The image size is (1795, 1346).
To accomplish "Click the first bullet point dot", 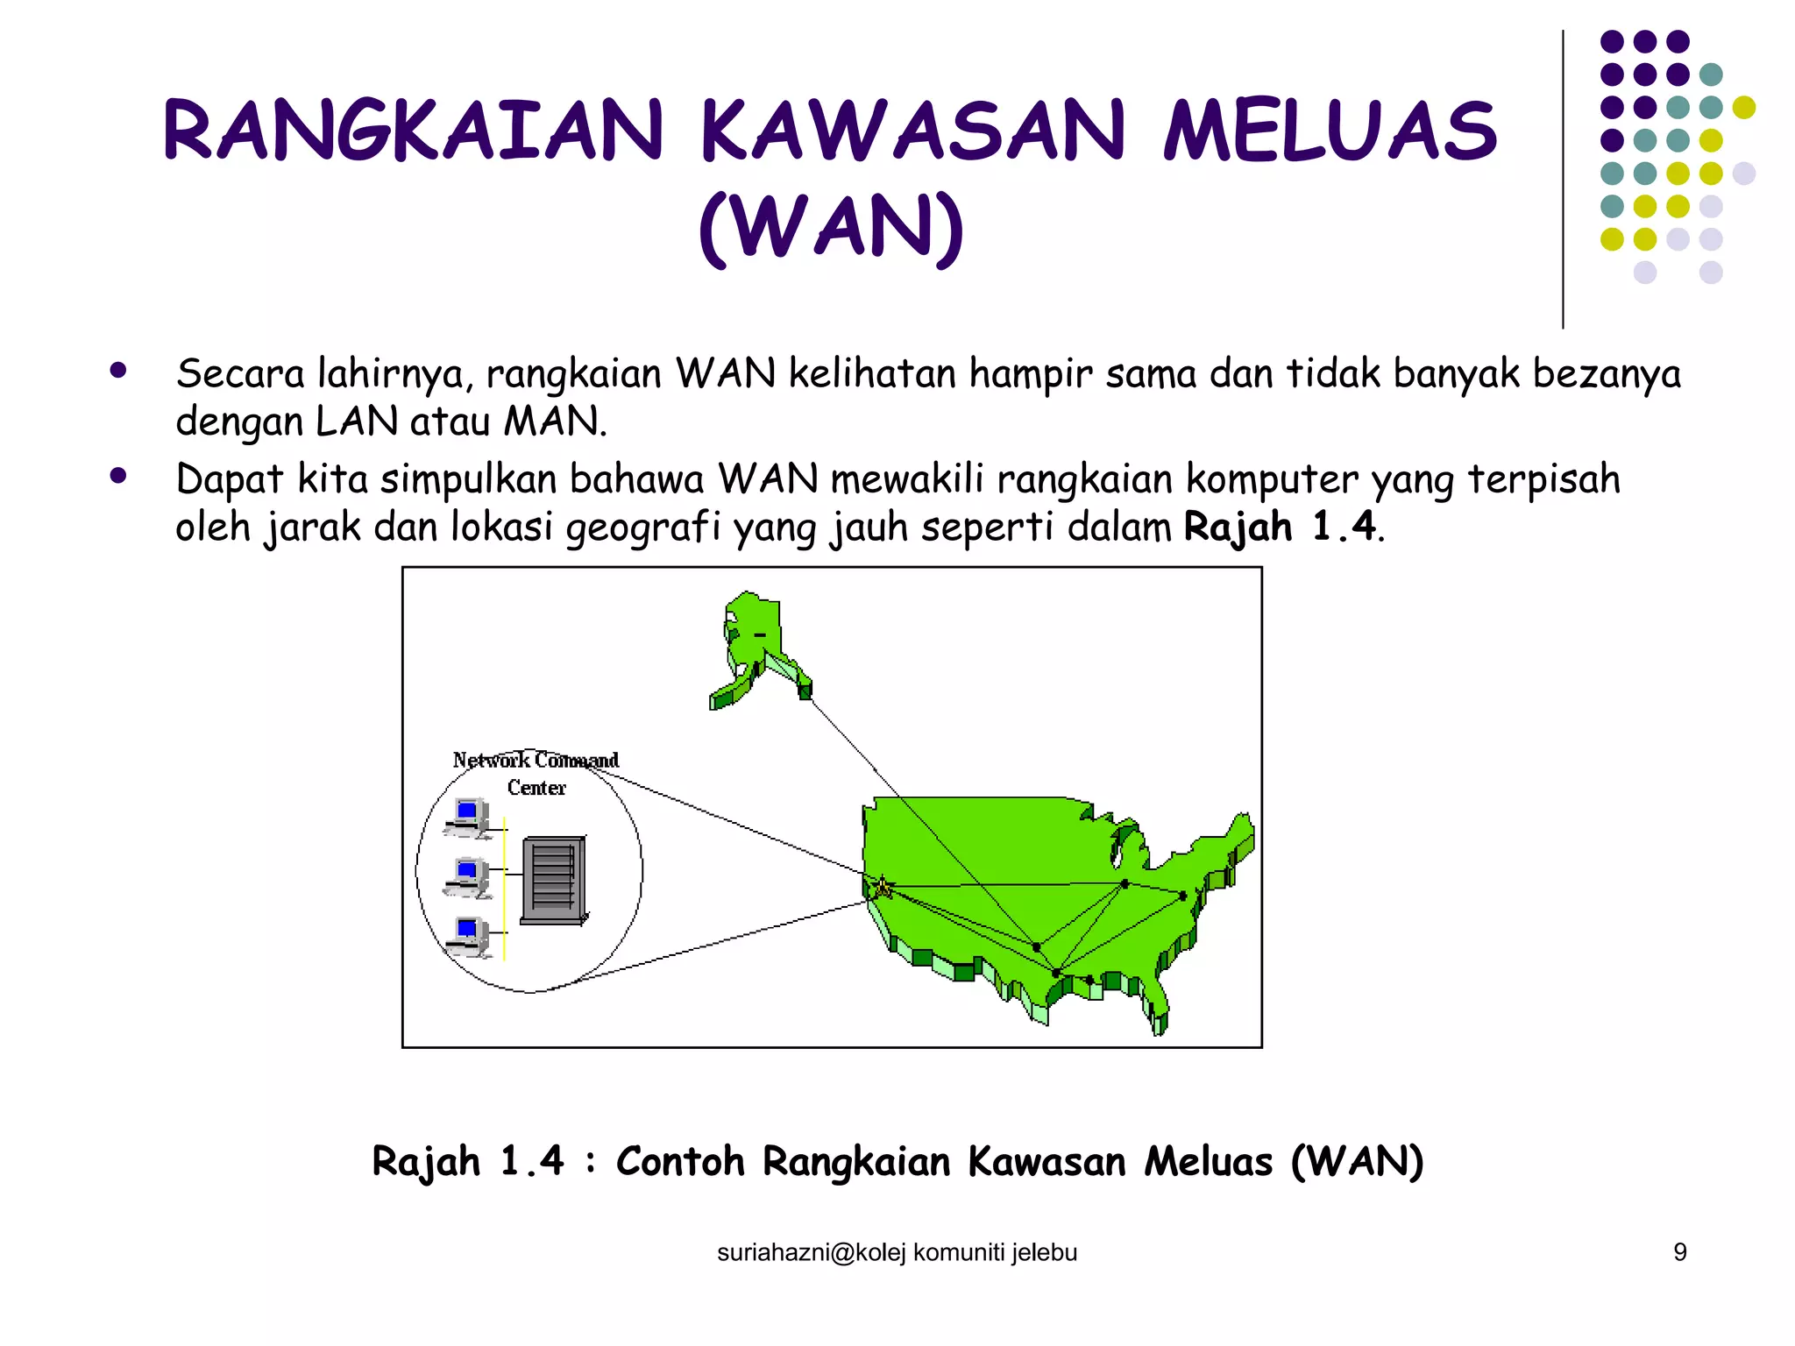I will point(118,371).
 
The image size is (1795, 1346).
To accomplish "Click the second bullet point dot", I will point(118,476).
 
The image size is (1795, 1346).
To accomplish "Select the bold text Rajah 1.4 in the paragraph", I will point(1280,527).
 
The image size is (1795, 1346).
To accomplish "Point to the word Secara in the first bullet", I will point(239,374).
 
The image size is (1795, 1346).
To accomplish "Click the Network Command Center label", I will point(536,773).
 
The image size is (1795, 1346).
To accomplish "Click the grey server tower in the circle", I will point(553,880).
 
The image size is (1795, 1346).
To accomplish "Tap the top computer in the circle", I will point(468,818).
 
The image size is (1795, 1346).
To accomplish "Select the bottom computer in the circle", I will point(468,936).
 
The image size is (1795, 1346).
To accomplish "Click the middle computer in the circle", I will point(468,877).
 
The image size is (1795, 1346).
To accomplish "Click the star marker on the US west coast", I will point(883,888).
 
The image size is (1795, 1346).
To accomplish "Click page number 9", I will point(1679,1252).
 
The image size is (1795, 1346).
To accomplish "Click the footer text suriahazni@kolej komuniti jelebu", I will point(897,1253).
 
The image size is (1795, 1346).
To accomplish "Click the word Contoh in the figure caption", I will point(679,1162).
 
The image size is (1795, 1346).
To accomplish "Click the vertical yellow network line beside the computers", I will point(505,889).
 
